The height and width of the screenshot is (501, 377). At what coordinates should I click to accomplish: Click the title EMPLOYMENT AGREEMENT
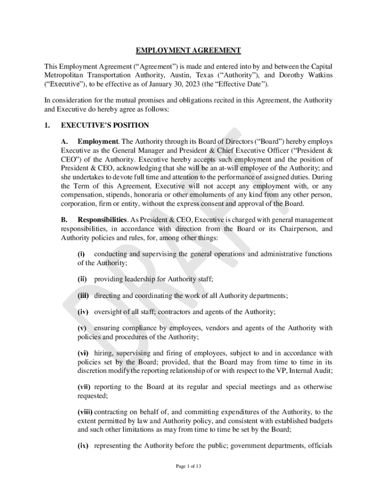[x=188, y=50]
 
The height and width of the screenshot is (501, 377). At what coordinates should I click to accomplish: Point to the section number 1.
[x=47, y=125]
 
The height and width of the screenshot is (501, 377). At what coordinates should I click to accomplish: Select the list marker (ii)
[x=82, y=279]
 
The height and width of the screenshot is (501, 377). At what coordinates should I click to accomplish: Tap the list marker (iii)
[x=83, y=296]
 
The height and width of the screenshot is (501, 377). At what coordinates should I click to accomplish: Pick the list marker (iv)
[x=83, y=311]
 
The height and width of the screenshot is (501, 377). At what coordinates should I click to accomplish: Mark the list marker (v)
[x=82, y=328]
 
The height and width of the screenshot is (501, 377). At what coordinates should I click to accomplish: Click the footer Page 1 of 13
[x=188, y=466]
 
